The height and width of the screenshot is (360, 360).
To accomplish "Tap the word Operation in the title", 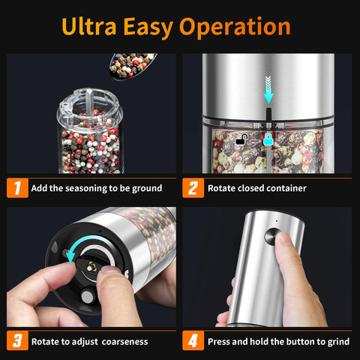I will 237,27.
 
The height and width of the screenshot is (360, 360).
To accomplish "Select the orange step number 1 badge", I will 17,187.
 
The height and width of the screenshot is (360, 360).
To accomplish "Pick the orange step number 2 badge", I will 193,187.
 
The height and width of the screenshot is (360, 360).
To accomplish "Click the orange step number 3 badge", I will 17,340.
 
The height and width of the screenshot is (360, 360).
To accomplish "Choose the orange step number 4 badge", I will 193,340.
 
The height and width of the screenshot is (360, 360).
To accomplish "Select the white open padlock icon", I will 241,139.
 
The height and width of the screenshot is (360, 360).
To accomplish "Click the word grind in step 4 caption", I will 337,341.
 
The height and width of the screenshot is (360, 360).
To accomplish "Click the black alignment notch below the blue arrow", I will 268,114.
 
